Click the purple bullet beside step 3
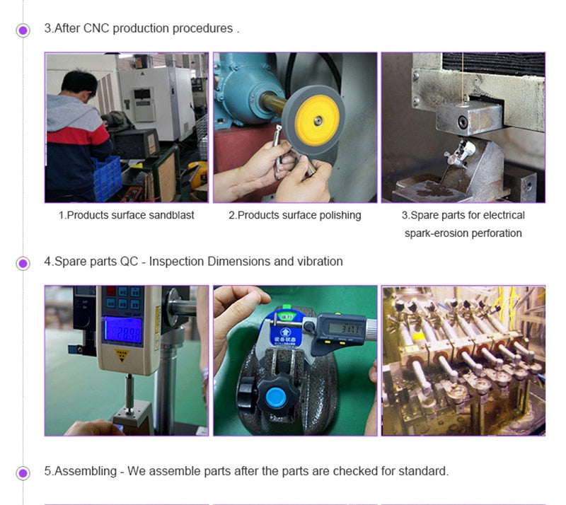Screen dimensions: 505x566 pos(23,30)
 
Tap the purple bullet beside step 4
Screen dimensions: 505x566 pos(23,263)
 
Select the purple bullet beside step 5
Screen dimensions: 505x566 pos(23,472)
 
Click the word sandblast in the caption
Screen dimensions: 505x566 pos(170,215)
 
